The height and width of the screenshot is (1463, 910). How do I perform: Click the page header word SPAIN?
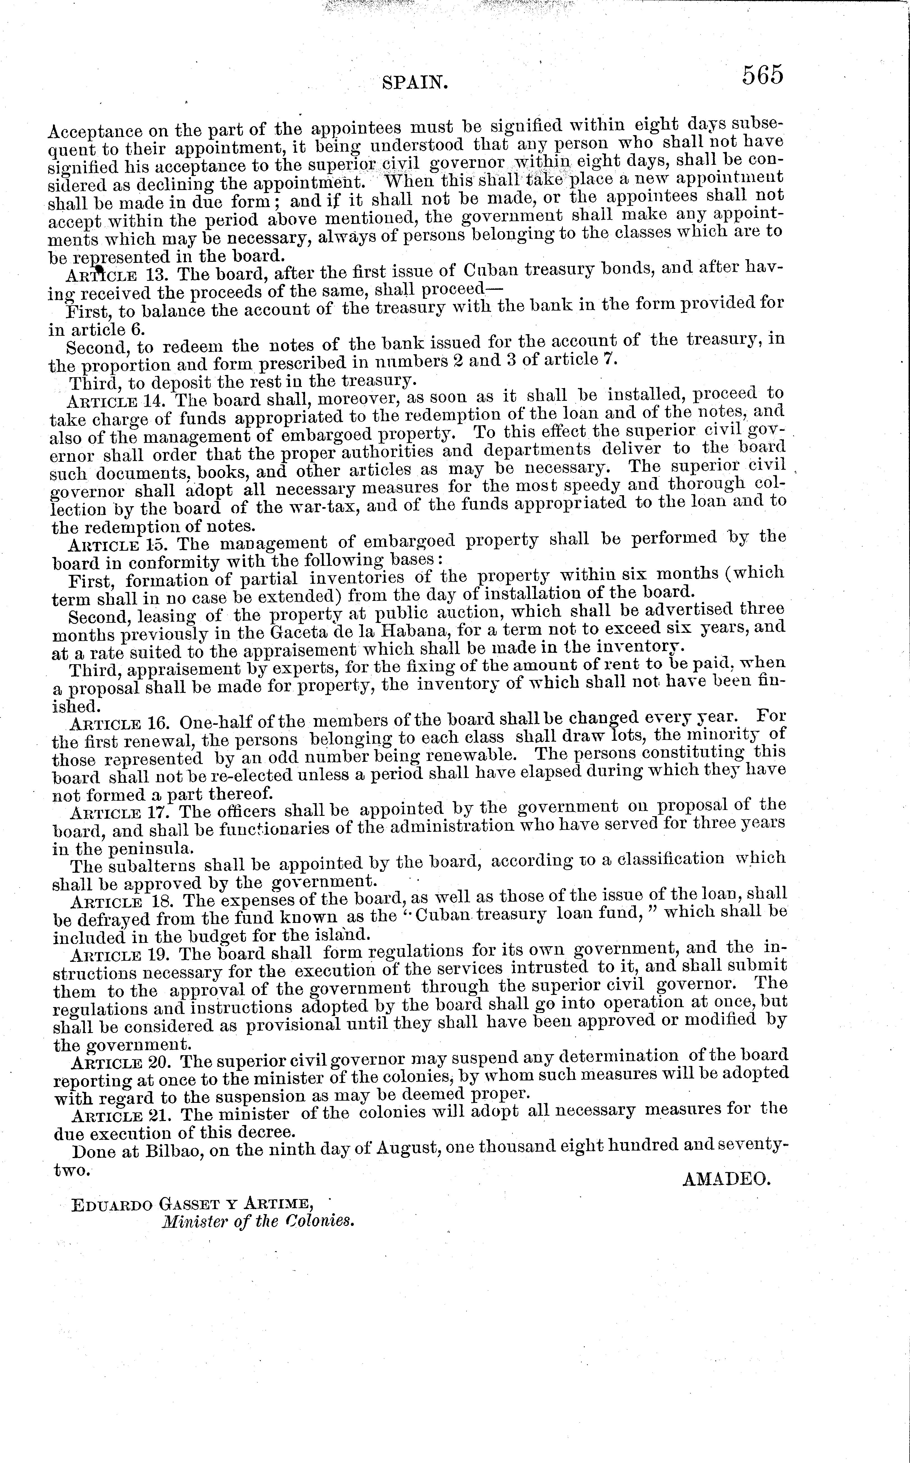click(415, 82)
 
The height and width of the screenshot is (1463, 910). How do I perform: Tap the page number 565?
click(763, 75)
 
